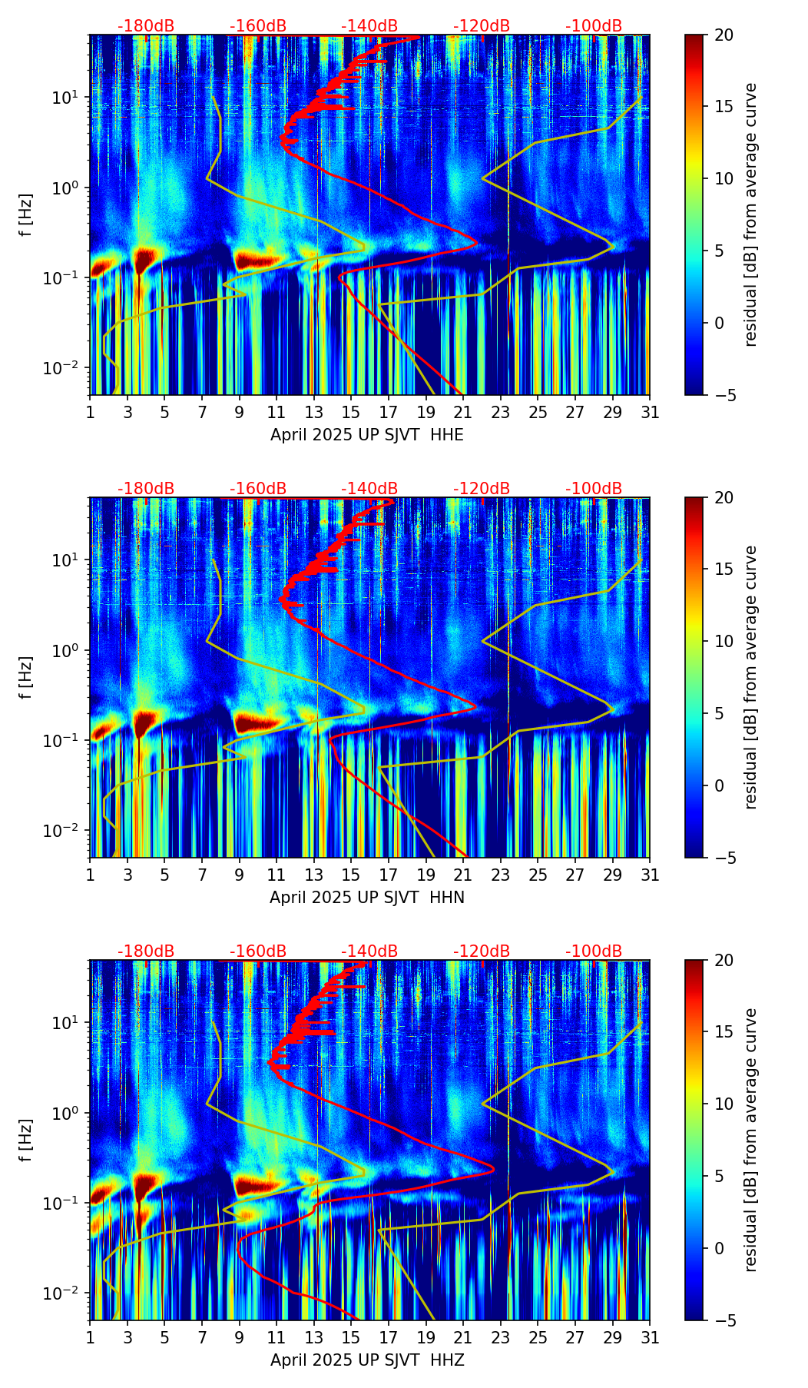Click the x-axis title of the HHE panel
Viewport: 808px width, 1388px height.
pyautogui.click(x=367, y=435)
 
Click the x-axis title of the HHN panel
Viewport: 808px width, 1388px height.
pyautogui.click(x=367, y=898)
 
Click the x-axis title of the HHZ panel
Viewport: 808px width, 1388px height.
pyautogui.click(x=367, y=1360)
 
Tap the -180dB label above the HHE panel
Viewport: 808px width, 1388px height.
pyautogui.click(x=146, y=26)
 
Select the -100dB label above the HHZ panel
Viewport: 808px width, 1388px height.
pyautogui.click(x=594, y=951)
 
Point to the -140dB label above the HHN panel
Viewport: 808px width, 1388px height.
pyautogui.click(x=369, y=489)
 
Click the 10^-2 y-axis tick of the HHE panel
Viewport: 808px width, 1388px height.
pyautogui.click(x=65, y=369)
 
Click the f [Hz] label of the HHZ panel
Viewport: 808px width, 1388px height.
pyautogui.click(x=26, y=1141)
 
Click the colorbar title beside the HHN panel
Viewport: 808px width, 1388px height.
pyautogui.click(x=751, y=677)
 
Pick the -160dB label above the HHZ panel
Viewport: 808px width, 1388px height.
pyautogui.click(x=258, y=951)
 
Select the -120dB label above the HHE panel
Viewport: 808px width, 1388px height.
pyautogui.click(x=482, y=26)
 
